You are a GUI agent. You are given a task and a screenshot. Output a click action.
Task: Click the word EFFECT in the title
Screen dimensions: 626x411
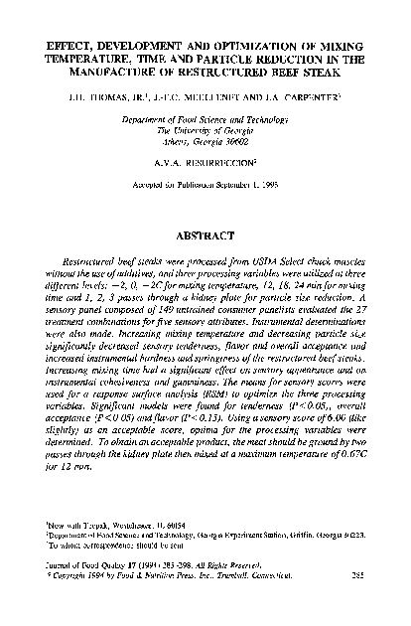point(65,47)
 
